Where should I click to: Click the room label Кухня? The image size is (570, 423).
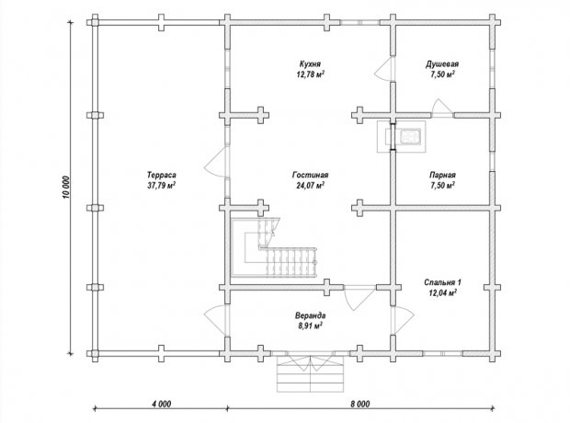(x=310, y=64)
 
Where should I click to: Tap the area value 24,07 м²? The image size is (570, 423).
(x=310, y=186)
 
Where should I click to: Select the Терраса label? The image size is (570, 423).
(x=162, y=175)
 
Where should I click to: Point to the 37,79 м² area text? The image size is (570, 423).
(x=162, y=186)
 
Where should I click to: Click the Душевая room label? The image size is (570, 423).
(x=442, y=64)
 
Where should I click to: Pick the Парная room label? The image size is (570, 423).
(x=442, y=175)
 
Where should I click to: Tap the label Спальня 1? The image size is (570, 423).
(x=442, y=282)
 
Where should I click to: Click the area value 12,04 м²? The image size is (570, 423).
(x=442, y=292)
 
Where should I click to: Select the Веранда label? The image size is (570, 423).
(x=310, y=315)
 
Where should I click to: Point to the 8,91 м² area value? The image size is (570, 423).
(x=311, y=326)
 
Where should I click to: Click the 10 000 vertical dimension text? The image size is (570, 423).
(x=66, y=188)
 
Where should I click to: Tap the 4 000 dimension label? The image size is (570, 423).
(x=161, y=404)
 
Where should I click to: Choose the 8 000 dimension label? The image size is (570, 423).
(x=359, y=404)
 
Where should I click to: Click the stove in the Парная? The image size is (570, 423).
(x=410, y=137)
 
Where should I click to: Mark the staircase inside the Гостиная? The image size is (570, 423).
(x=274, y=247)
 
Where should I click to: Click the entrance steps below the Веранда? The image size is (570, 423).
(x=310, y=372)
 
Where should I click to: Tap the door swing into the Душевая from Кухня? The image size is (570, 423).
(x=384, y=69)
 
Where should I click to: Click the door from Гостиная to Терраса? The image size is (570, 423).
(x=216, y=162)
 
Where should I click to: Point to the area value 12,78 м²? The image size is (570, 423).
(x=310, y=74)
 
